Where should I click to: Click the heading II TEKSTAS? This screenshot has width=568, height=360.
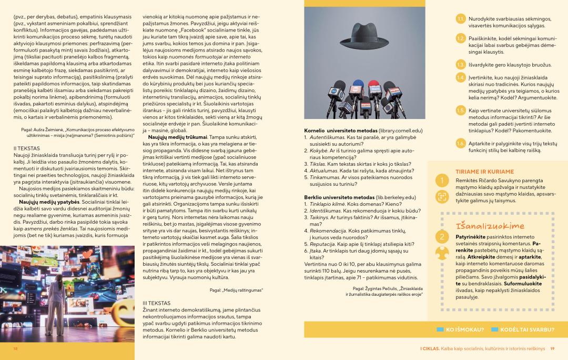click(26, 148)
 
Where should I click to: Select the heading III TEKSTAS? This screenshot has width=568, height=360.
click(156, 303)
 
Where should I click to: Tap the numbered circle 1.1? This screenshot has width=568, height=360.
click(460, 19)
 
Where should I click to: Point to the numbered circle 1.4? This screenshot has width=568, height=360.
click(460, 78)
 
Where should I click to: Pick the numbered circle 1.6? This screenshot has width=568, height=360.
click(460, 144)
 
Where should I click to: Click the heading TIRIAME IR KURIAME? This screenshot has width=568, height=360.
click(477, 172)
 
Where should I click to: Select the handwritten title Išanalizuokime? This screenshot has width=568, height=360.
click(483, 226)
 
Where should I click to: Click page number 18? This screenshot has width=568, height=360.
click(15, 348)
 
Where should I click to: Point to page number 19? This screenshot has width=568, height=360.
click(552, 348)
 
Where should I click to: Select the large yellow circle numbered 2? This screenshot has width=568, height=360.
click(442, 237)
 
